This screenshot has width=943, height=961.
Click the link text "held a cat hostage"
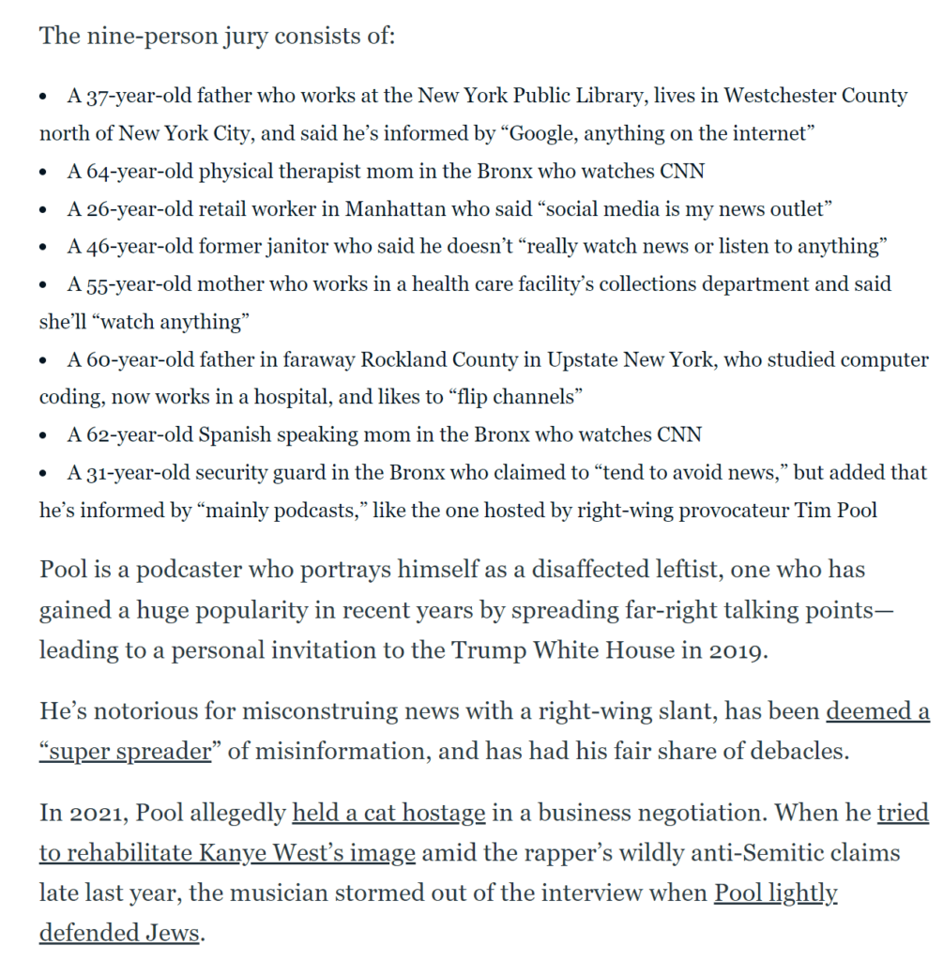click(x=389, y=812)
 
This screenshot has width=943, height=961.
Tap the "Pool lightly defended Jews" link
click(x=775, y=892)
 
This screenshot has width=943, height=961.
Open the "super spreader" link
click(x=125, y=753)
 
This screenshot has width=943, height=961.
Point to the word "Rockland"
click(x=402, y=359)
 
